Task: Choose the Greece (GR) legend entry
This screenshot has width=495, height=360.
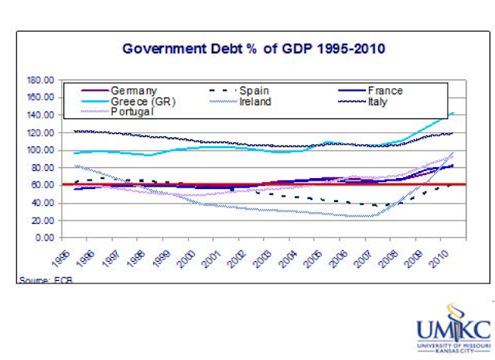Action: pos(145,101)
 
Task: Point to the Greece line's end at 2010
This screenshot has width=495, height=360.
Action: pos(452,113)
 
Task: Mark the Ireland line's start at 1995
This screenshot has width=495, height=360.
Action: pos(75,166)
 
